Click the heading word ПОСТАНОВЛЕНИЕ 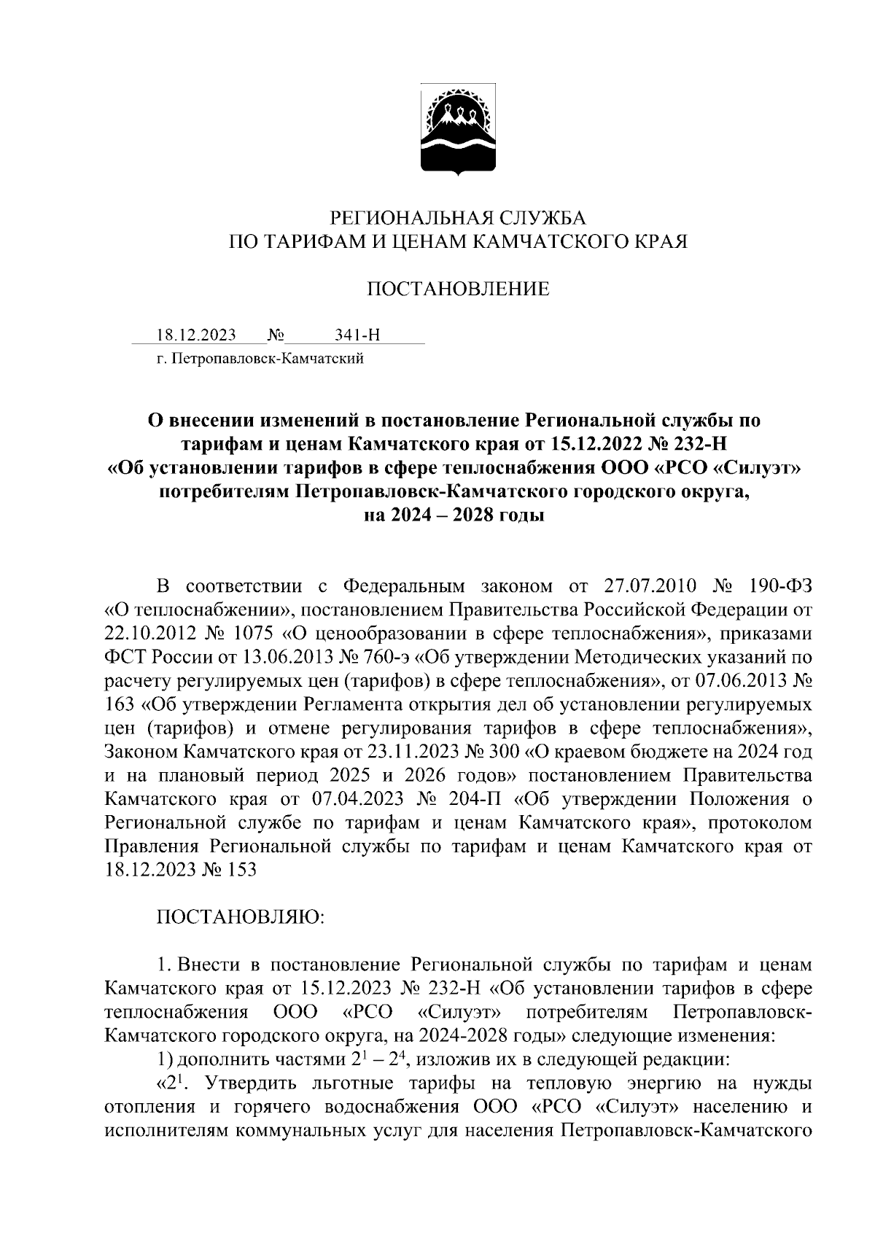point(458,289)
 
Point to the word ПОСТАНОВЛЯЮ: point(241,916)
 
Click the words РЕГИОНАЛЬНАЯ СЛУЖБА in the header point(458,217)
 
